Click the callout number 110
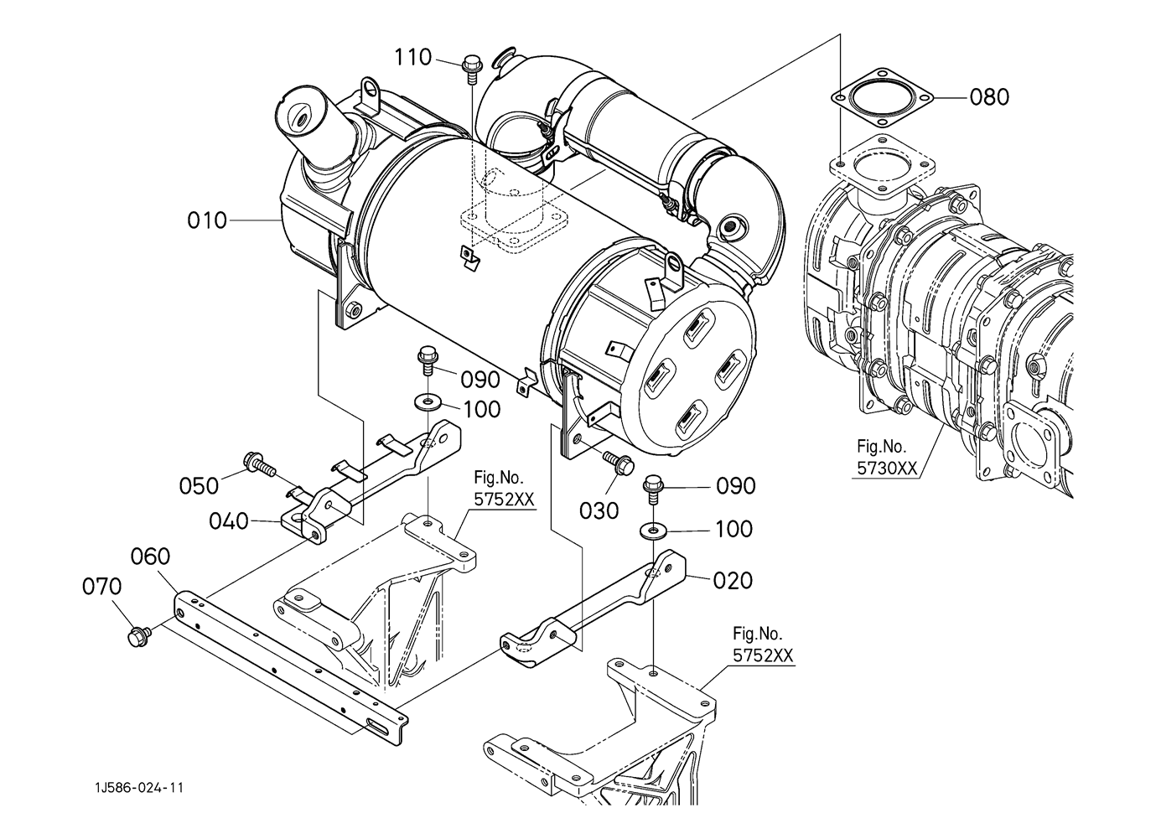(x=412, y=57)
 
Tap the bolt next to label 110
(x=470, y=70)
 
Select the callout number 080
(x=989, y=97)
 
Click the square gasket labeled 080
(x=882, y=97)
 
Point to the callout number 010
(x=207, y=220)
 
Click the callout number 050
(x=200, y=486)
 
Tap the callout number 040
(x=229, y=521)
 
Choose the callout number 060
(x=150, y=557)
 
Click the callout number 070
(x=101, y=587)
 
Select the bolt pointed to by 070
(x=138, y=636)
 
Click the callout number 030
(x=599, y=511)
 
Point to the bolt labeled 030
(x=618, y=463)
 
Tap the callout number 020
(x=733, y=581)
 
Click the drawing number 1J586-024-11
(x=139, y=788)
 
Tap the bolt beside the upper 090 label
(x=428, y=361)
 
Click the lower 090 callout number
(x=736, y=486)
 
